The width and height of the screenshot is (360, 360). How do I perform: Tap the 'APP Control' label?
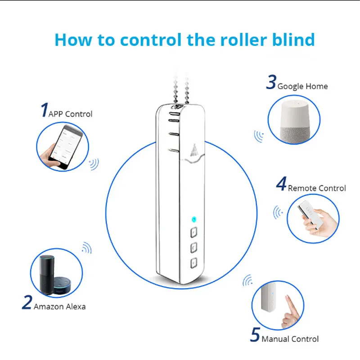(70, 114)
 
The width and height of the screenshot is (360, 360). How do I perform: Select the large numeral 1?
(44, 110)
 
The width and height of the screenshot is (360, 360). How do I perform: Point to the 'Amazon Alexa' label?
(59, 306)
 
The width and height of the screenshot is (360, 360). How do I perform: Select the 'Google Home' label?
(302, 86)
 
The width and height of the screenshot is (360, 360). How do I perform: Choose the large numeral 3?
(271, 83)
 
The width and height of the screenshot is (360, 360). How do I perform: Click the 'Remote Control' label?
(317, 188)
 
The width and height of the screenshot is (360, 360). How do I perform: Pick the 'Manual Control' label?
(290, 339)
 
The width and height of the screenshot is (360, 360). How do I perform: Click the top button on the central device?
(194, 233)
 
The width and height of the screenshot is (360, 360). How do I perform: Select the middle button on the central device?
(194, 247)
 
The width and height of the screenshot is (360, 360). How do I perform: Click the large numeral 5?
(255, 335)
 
